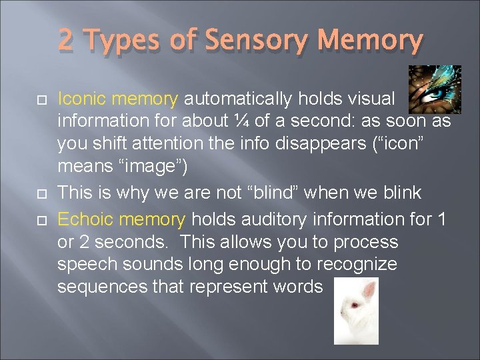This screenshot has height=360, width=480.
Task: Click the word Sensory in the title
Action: [x=258, y=41]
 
